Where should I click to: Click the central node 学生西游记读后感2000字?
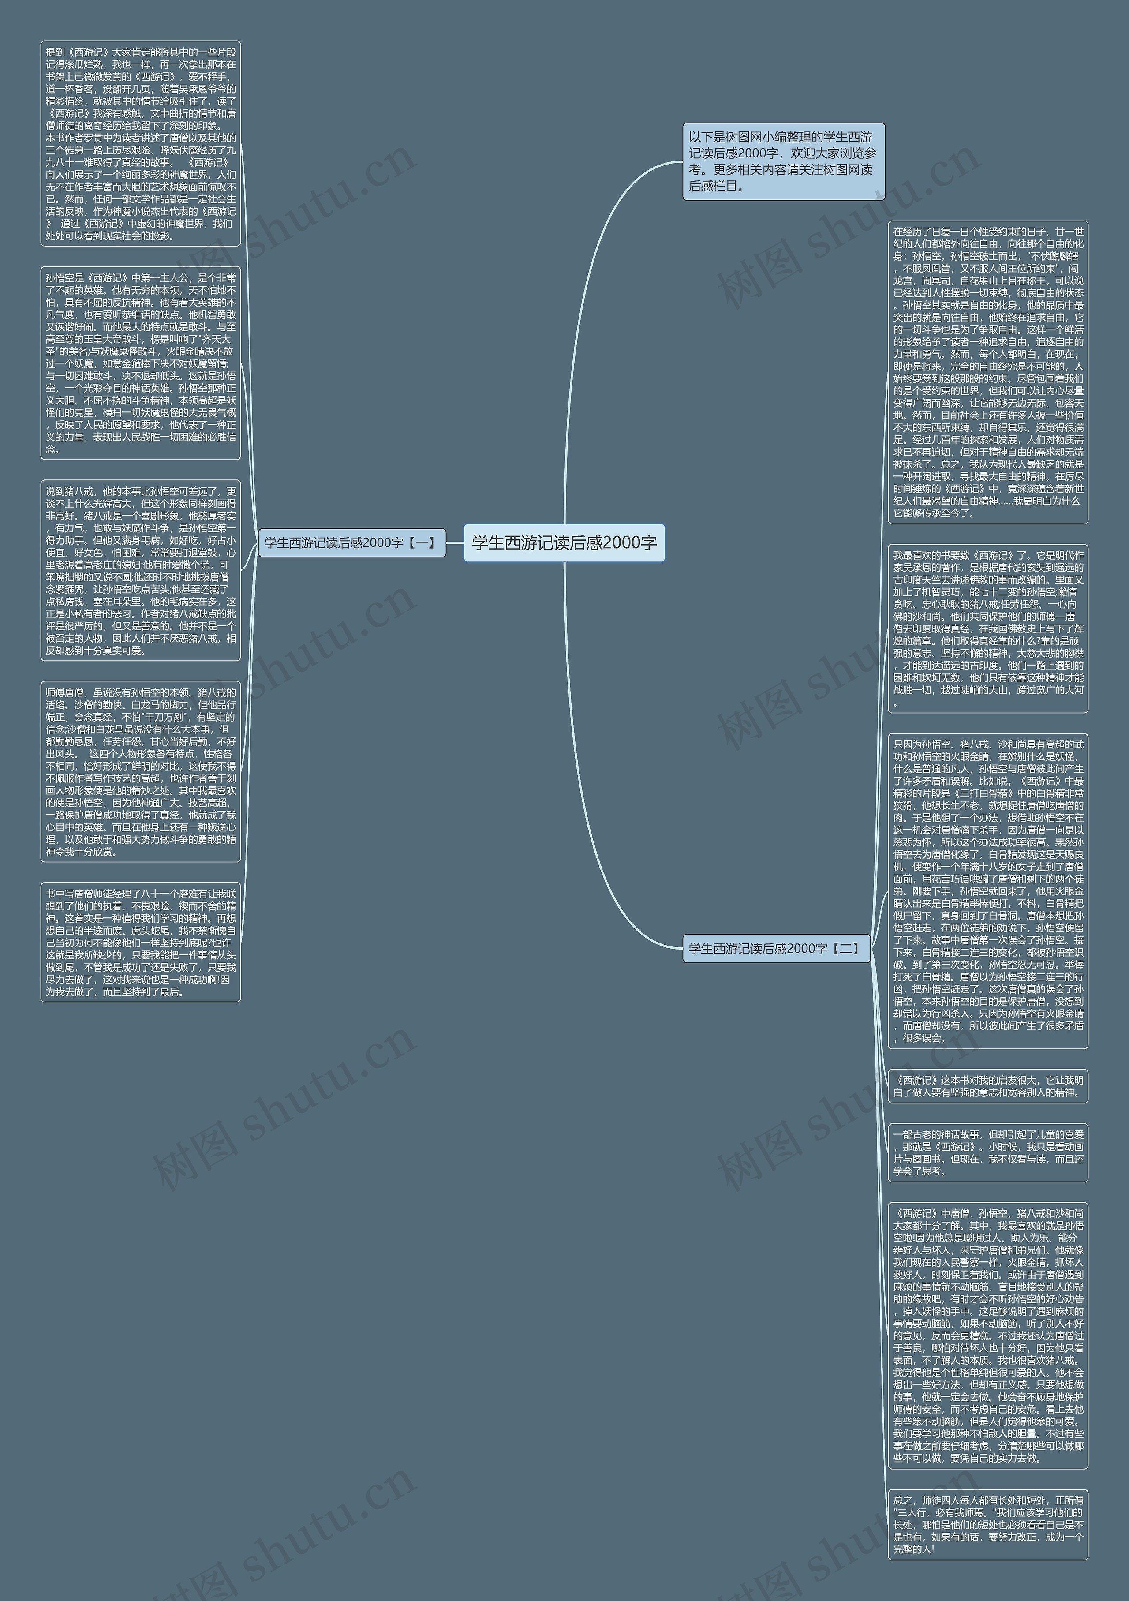click(564, 542)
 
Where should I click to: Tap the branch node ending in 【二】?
click(775, 948)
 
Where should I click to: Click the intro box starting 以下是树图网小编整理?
click(783, 162)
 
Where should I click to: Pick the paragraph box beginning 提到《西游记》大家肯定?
click(140, 143)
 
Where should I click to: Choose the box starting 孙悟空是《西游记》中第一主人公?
click(140, 363)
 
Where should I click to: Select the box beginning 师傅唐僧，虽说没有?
click(140, 771)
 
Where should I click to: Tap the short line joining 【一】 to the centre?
click(455, 542)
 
